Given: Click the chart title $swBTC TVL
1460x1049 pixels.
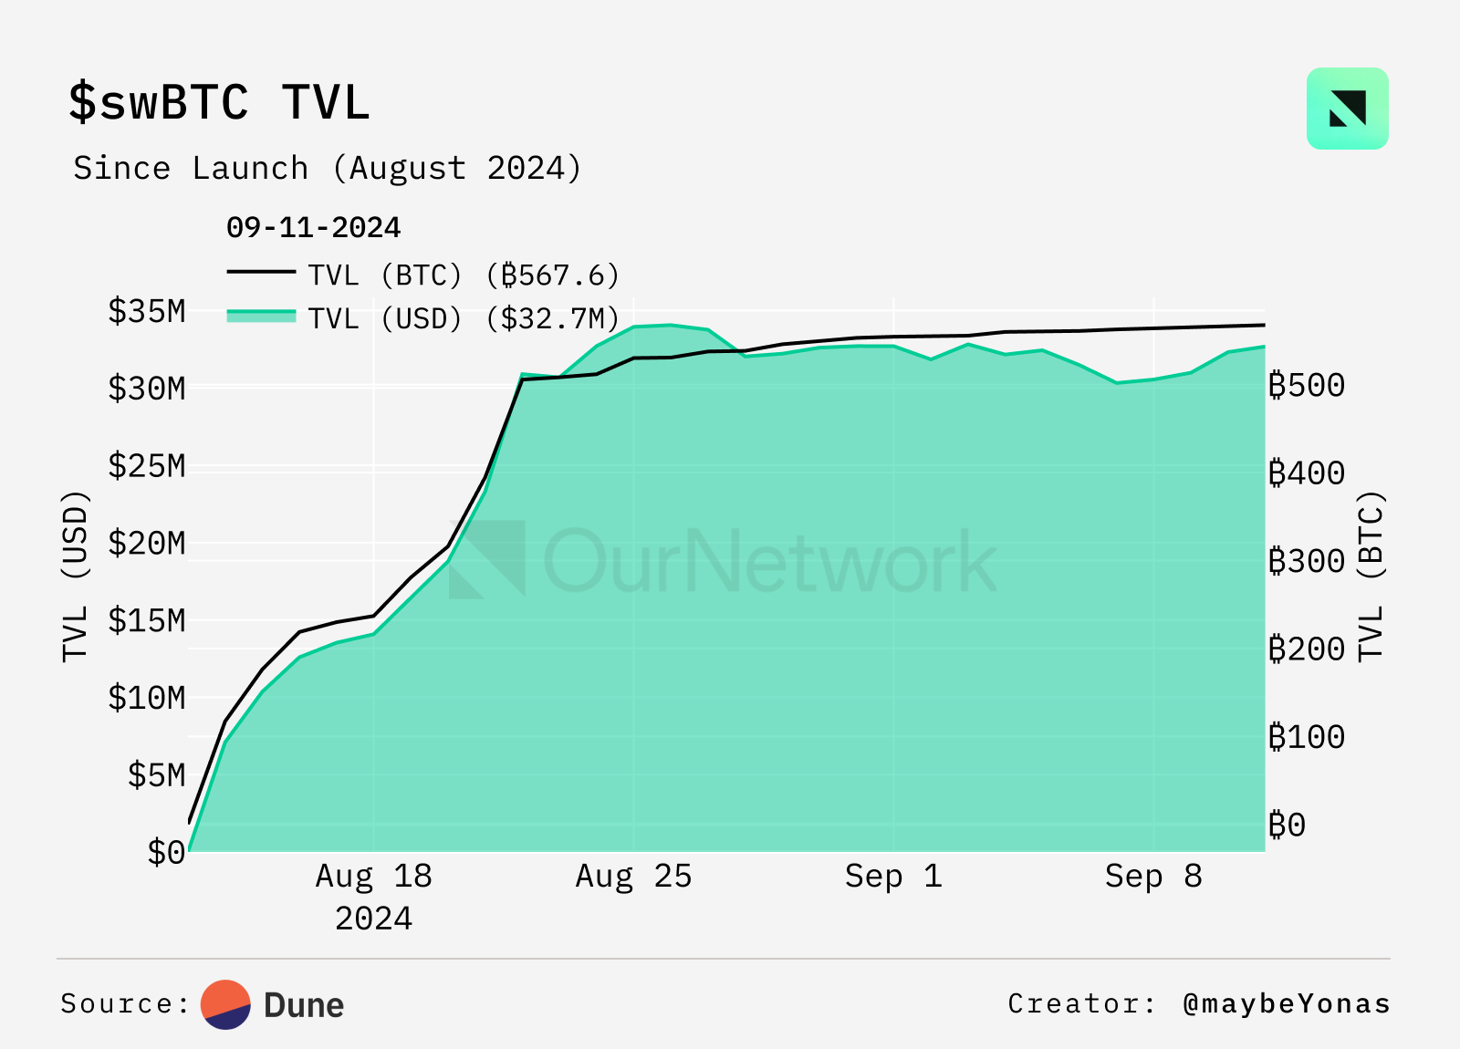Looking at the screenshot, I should pos(219,101).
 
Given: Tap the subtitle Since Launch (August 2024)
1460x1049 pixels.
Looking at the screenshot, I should pos(327,169).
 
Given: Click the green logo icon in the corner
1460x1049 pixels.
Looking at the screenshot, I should pos(1347,109).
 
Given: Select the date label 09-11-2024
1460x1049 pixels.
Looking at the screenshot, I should pos(313,227).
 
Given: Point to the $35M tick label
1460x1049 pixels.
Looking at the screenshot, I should pos(147,311).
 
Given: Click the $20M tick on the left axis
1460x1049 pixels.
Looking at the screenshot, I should pos(147,543).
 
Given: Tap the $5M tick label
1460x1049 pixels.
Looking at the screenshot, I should pos(157,775).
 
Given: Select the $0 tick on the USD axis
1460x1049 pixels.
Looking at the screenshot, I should pos(166,853).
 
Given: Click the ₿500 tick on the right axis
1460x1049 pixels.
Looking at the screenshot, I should pos(1307,385).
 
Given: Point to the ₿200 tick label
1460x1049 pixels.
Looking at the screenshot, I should pos(1307,649).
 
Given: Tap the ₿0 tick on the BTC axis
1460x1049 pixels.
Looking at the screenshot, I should pos(1288,825).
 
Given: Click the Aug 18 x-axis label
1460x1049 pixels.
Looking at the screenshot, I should pos(373,877).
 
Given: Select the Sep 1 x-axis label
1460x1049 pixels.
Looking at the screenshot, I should pos(893,877).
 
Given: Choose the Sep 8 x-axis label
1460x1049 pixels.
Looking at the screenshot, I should pos(1153,877).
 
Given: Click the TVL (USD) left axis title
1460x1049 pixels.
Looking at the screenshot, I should pos(76,576).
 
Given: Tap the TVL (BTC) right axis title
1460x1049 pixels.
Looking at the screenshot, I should pos(1371,576).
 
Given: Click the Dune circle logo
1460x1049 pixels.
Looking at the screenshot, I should pos(226,1004).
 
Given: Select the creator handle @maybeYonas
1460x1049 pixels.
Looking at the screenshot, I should pos(1287,1004).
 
